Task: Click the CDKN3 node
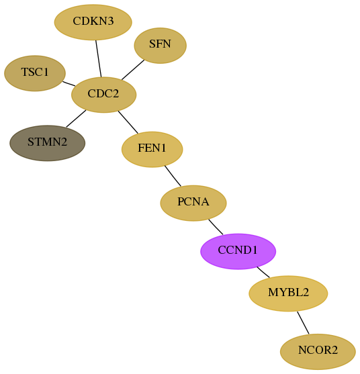click(x=93, y=22)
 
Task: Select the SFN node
click(x=160, y=45)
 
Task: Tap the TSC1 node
click(x=35, y=73)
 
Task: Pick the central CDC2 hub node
click(x=104, y=95)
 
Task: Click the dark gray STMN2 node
click(x=47, y=143)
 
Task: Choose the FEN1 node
click(x=152, y=149)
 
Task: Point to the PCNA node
click(x=193, y=203)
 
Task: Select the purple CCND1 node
click(x=238, y=251)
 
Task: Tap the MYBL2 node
click(x=288, y=293)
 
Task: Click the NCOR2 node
click(x=318, y=352)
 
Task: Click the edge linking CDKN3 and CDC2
click(x=99, y=58)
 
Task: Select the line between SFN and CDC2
click(x=133, y=70)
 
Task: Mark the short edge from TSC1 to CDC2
click(x=69, y=84)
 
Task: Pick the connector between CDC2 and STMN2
click(x=76, y=119)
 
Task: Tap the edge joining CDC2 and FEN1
click(x=128, y=122)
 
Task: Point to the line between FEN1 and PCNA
click(x=173, y=176)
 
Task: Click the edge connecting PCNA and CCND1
click(x=216, y=227)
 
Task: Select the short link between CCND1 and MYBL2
click(x=263, y=272)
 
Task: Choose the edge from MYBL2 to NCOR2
click(x=303, y=323)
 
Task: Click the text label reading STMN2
click(x=47, y=142)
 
